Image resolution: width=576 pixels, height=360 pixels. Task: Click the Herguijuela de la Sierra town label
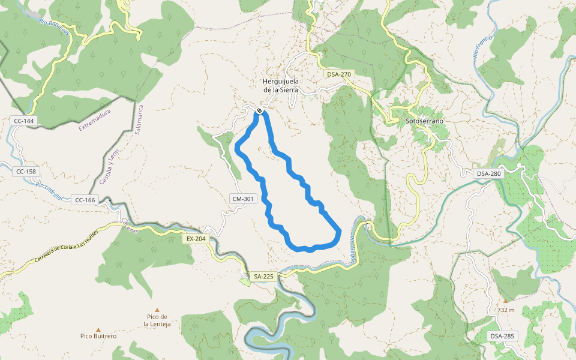pos(281,85)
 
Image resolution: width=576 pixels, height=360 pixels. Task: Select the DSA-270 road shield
pos(339,74)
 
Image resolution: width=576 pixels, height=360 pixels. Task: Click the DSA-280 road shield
pos(488,173)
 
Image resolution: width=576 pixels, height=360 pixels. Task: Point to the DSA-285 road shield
pos(502,336)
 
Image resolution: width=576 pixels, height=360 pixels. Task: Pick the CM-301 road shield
pos(242,199)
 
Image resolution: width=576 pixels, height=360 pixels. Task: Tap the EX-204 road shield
pos(196,239)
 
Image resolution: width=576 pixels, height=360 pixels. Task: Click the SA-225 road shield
pos(263,277)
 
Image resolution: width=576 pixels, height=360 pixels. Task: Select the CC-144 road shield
pos(24,121)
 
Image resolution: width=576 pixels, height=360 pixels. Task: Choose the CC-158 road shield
pos(26,172)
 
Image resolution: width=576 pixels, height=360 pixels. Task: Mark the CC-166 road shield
pos(85,200)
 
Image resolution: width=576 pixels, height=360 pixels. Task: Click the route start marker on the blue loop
pos(259,110)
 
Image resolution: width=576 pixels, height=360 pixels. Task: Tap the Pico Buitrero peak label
pos(98,336)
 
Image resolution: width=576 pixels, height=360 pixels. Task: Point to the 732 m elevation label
pos(506,310)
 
